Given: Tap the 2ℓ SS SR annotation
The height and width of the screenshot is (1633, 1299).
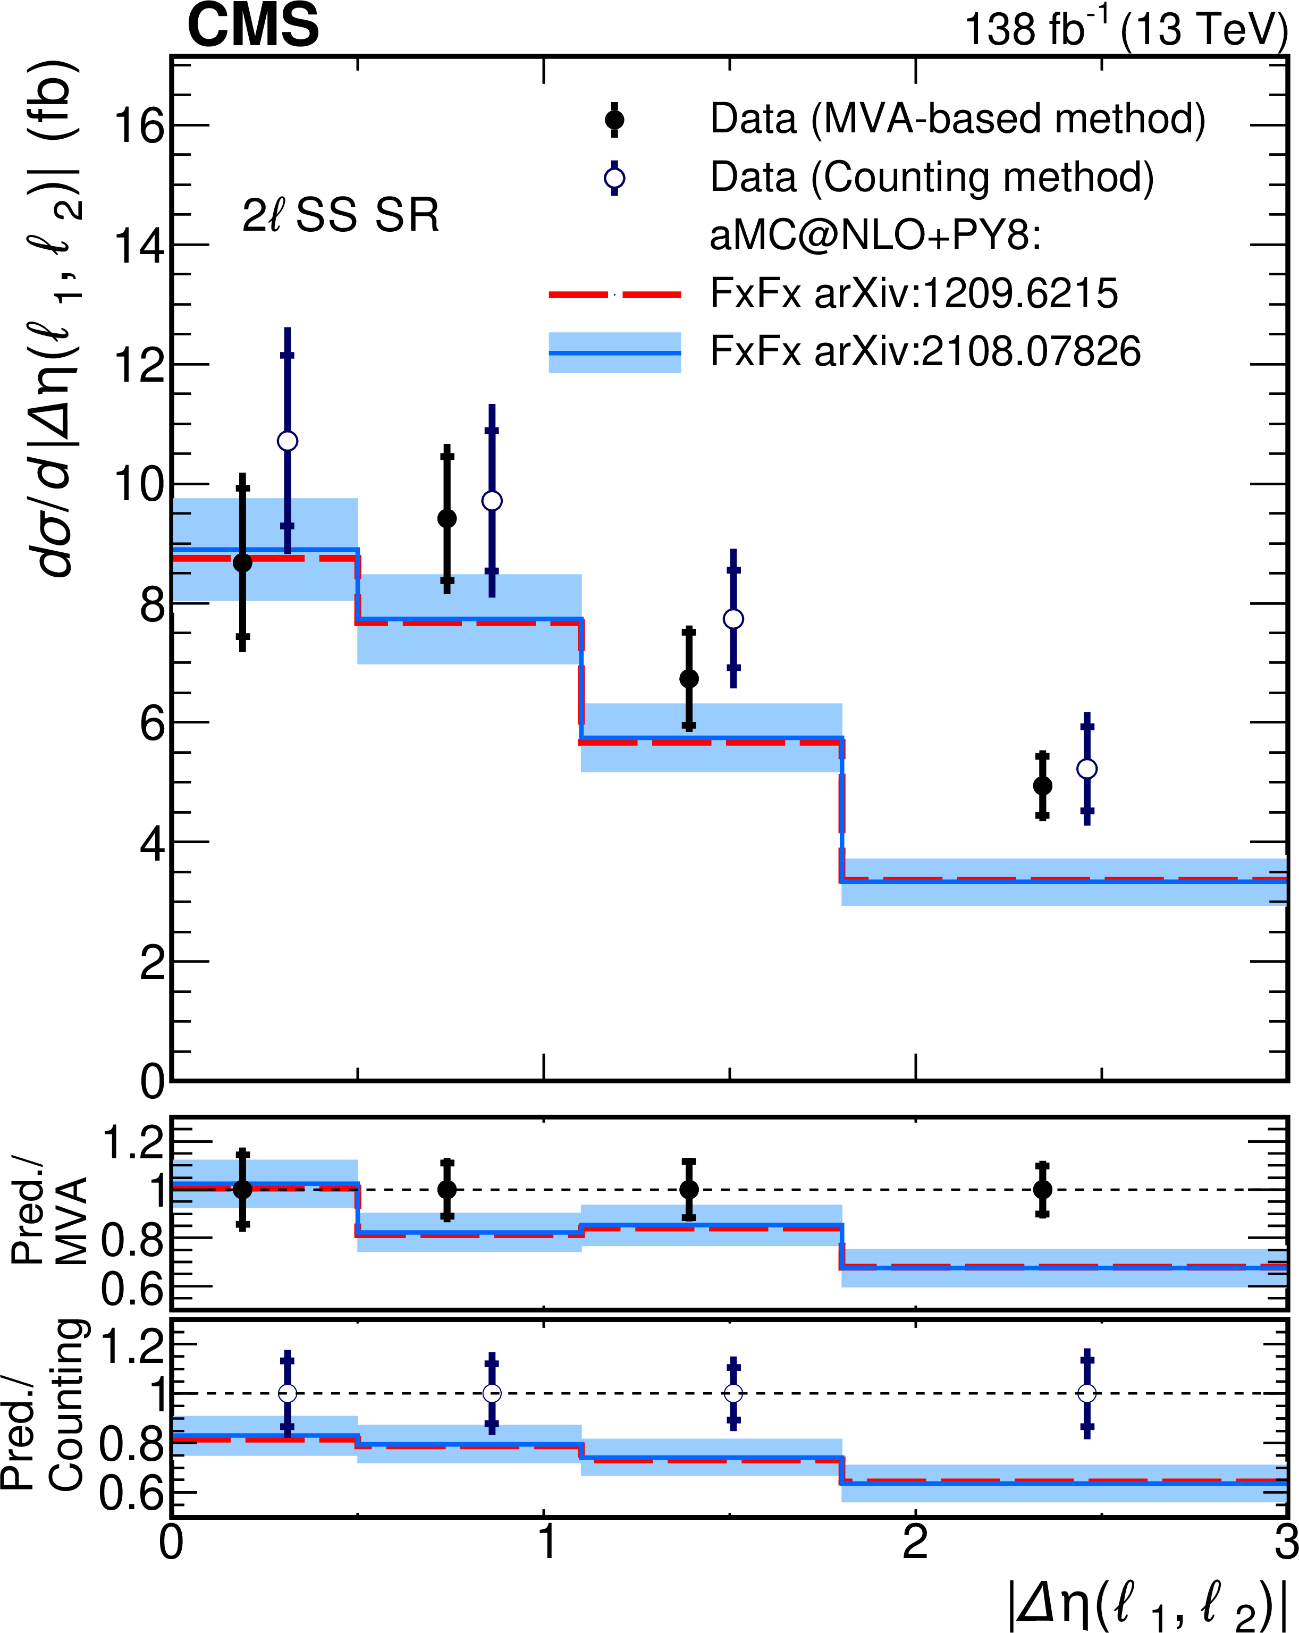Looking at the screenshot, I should tap(340, 215).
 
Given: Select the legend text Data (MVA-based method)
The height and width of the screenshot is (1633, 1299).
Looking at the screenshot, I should tap(957, 119).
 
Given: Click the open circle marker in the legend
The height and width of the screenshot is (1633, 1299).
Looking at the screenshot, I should tap(614, 179).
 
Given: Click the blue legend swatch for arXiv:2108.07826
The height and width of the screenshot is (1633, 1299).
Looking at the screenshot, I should tap(614, 352).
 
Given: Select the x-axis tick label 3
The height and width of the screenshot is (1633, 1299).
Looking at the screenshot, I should tap(1285, 1542).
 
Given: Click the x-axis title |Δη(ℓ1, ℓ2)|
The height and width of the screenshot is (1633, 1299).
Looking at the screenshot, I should tap(1148, 1603).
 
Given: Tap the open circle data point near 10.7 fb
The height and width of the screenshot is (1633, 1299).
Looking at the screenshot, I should tap(287, 441).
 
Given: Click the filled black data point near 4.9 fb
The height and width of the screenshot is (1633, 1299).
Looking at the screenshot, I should tap(1042, 786).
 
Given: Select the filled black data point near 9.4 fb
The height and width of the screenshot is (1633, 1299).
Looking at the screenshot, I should tap(447, 518).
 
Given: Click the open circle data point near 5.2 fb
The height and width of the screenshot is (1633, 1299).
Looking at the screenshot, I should tap(1087, 769).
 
